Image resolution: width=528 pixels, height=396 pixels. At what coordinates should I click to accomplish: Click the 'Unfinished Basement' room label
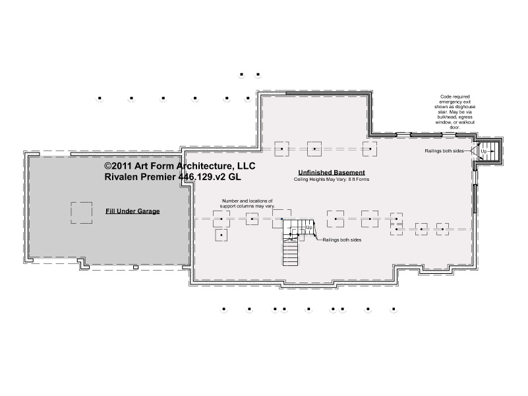point(332,172)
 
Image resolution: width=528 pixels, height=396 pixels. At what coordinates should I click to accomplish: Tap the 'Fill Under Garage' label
point(132,211)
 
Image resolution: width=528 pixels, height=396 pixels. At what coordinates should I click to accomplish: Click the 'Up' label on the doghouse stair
point(484,151)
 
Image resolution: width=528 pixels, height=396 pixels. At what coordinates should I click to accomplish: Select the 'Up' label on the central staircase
point(308,228)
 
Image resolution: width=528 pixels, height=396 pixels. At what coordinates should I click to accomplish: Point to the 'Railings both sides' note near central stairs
point(342,240)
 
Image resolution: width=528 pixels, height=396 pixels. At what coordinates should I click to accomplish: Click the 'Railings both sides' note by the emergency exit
point(444,151)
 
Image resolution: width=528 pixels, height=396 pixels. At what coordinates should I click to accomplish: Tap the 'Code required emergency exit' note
point(455,112)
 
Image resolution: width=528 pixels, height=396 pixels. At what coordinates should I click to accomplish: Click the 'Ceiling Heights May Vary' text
point(332,180)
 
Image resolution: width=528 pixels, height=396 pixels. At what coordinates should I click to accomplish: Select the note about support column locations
point(247,203)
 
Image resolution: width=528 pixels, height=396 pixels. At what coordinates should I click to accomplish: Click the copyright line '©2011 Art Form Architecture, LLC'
point(180,166)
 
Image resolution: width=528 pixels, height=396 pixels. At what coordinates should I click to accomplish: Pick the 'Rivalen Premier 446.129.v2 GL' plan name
point(173,177)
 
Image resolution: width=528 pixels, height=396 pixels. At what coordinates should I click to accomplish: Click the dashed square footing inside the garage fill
point(82,213)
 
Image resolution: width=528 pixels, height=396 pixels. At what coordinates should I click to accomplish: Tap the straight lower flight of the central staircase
point(290,253)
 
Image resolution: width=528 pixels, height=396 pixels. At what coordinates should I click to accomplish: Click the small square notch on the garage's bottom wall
point(136,267)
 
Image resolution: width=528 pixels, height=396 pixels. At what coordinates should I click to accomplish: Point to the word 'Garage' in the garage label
point(148,211)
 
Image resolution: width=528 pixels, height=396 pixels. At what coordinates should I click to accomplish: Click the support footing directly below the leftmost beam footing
point(221,235)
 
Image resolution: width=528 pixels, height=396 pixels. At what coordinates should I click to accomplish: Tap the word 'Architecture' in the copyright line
point(206,166)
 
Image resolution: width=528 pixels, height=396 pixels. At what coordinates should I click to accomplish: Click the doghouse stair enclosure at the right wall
point(488,151)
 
